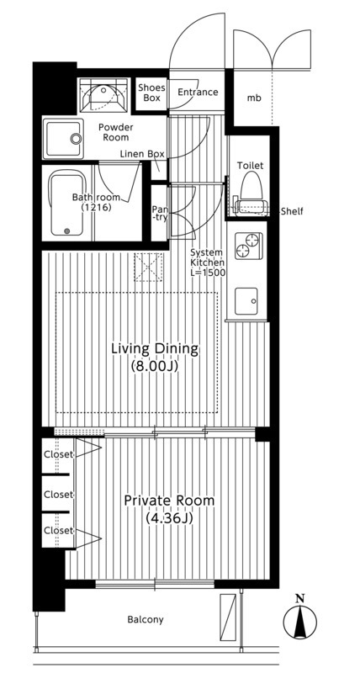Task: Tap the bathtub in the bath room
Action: (x=66, y=203)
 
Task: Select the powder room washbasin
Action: (x=64, y=138)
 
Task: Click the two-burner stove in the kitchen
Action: (x=247, y=246)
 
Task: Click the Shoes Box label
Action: (x=151, y=93)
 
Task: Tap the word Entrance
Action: (x=198, y=93)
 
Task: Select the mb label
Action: (x=253, y=98)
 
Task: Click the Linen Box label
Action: (x=142, y=154)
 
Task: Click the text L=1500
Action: (x=207, y=272)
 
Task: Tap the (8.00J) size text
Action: (x=155, y=366)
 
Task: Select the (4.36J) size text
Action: (x=169, y=518)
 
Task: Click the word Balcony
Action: (x=146, y=619)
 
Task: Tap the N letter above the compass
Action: (x=300, y=598)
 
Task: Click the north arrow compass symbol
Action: (x=300, y=622)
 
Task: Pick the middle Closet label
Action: (x=59, y=495)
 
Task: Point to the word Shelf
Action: (x=291, y=211)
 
